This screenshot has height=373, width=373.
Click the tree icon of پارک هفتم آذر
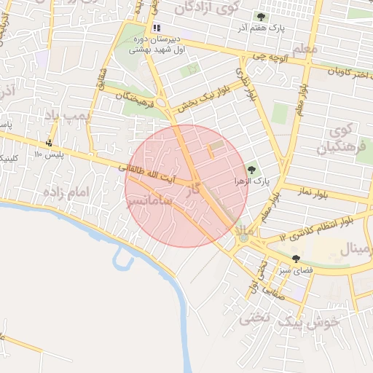click(x=260, y=17)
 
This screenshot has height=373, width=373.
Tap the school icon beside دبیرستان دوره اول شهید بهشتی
click(x=157, y=28)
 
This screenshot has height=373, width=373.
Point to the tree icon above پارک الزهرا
click(x=251, y=170)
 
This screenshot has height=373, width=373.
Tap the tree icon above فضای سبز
click(x=296, y=258)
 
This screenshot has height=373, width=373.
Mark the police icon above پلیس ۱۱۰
click(x=50, y=142)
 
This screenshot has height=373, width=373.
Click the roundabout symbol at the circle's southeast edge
click(x=243, y=237)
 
